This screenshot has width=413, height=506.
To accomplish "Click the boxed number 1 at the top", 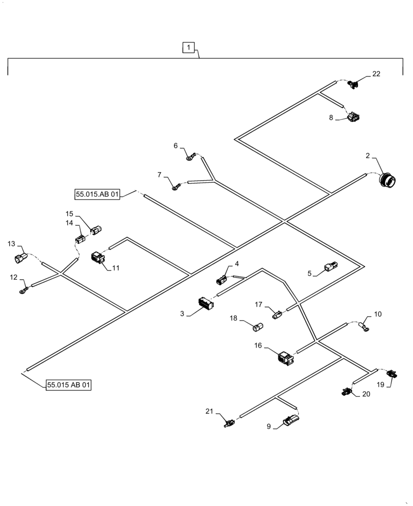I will [x=188, y=48].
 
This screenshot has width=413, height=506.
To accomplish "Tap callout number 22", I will [x=376, y=74].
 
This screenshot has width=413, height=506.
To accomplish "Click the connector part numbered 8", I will [x=353, y=118].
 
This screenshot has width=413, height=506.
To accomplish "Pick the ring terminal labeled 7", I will [x=175, y=188].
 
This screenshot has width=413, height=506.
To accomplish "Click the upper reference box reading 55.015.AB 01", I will [x=97, y=194].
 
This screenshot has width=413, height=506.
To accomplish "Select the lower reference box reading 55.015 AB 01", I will [x=69, y=386].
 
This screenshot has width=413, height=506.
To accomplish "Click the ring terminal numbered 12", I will [x=23, y=290].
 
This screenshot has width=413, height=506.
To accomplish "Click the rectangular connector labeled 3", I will [x=206, y=304].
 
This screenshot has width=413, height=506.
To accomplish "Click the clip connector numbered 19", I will [x=392, y=374].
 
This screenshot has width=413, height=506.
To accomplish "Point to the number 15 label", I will [x=69, y=214].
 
